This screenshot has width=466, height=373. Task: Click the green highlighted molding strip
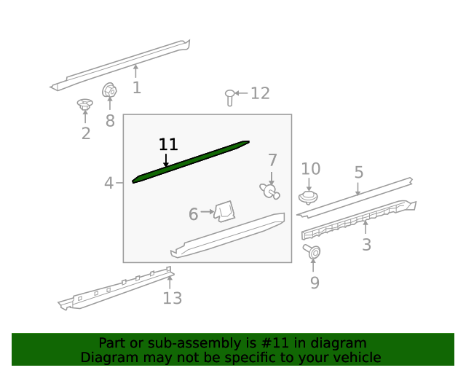tap(190, 162)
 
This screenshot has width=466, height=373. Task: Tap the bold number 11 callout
tap(168, 144)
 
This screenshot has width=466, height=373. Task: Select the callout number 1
tap(137, 87)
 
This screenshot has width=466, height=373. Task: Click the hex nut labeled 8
tap(109, 90)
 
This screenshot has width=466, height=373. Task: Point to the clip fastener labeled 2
tap(85, 104)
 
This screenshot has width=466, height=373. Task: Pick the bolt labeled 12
tap(229, 98)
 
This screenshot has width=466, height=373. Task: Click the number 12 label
tap(261, 93)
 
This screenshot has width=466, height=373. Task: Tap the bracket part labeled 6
tap(225, 211)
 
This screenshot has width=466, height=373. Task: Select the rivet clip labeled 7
tap(269, 191)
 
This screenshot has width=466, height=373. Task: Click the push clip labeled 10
tap(308, 197)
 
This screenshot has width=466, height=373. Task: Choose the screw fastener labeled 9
tap(312, 252)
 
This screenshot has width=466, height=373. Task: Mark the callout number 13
tap(173, 298)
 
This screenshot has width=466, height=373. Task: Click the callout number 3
tap(366, 245)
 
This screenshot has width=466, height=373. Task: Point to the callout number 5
tap(359, 172)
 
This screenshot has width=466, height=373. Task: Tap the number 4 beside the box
tap(108, 183)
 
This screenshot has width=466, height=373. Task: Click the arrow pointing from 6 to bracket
tap(207, 212)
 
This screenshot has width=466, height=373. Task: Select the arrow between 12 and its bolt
tap(241, 93)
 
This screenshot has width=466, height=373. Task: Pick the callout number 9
tap(315, 283)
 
